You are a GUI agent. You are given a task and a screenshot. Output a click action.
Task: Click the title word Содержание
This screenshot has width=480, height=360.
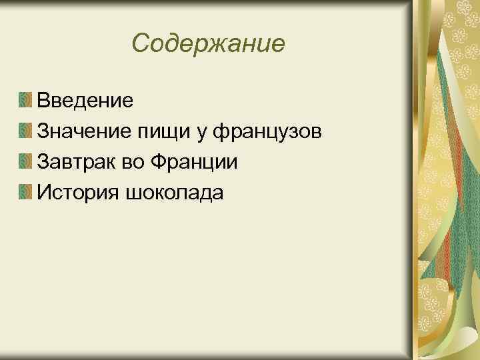tap(209, 44)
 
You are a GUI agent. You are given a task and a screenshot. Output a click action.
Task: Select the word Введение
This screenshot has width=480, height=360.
tap(85, 101)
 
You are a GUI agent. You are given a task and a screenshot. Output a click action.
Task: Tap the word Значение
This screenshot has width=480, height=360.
tap(85, 131)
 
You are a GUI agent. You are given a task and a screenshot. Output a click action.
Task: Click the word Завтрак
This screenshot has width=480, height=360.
tap(79, 162)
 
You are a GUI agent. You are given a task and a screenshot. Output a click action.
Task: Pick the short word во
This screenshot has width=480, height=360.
tap(135, 163)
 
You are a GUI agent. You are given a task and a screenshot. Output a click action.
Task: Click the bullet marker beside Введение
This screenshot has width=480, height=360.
tap(25, 101)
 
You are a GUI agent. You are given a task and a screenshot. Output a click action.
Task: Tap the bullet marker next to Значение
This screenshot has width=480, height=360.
tap(25, 131)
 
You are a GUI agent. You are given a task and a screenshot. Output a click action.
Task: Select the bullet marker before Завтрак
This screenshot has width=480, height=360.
tap(25, 162)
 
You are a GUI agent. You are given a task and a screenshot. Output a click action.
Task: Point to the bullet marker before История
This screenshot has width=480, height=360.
tap(25, 193)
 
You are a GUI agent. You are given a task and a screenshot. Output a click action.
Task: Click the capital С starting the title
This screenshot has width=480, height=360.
tap(141, 44)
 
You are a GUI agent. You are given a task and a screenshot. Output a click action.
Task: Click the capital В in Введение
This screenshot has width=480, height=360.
tap(44, 101)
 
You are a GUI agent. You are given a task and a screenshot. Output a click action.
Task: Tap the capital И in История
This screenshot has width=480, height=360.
tap(45, 193)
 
